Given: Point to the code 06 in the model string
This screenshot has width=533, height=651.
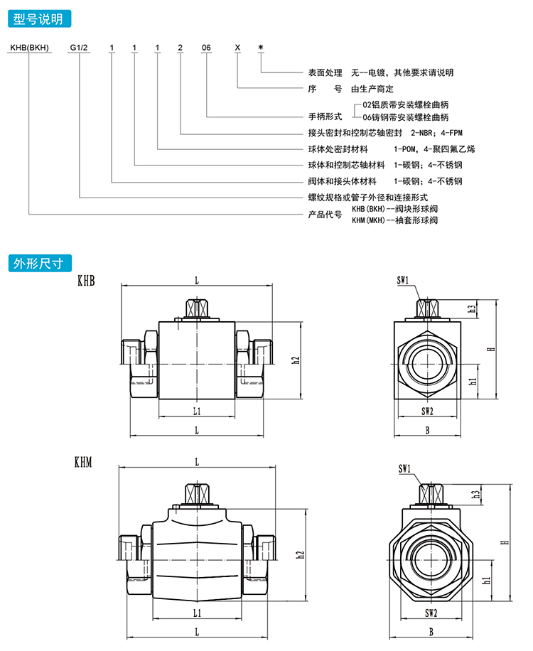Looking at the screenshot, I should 206,48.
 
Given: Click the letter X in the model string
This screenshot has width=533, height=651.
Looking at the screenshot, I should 237,48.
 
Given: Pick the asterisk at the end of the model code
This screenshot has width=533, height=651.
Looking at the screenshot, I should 261,48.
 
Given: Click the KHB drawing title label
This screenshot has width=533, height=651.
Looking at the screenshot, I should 86,281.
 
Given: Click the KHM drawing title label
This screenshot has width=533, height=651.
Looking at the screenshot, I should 86,463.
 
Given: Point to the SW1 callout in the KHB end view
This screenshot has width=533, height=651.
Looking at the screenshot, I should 403,281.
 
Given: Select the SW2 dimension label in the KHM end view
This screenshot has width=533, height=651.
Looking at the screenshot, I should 427,612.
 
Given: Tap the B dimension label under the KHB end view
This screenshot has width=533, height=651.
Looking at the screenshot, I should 427,430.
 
